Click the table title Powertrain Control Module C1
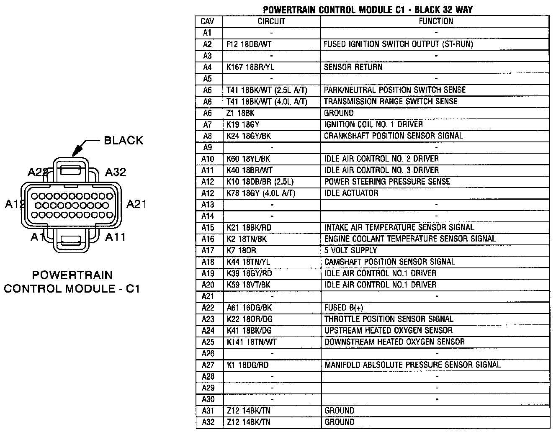[x=368, y=10]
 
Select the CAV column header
[x=208, y=21]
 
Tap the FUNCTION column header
[x=435, y=21]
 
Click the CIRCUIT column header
[x=271, y=21]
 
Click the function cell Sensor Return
[x=353, y=67]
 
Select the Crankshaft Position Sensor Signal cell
[x=393, y=136]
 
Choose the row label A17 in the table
[x=208, y=250]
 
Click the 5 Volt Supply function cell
[x=350, y=250]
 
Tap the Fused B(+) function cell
[x=344, y=308]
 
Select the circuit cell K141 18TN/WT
[x=252, y=342]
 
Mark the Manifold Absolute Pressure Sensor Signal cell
[x=412, y=365]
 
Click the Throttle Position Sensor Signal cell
[x=389, y=319]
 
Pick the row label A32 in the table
[x=208, y=422]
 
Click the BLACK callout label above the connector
[x=124, y=140]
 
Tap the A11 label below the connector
[x=115, y=237]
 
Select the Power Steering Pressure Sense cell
[x=387, y=182]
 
